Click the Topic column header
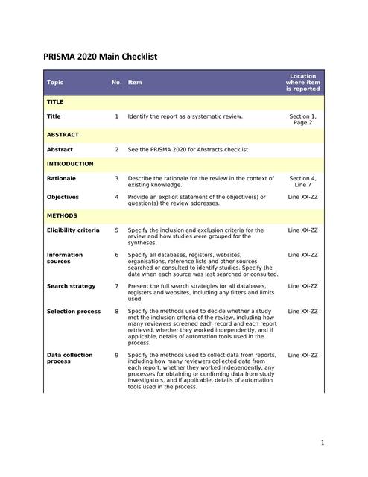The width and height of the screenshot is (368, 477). pos(55,82)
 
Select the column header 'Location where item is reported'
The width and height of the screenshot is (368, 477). pos(302,82)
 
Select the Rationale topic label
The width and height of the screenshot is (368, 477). pos(61,179)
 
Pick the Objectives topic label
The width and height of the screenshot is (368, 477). pos(63,197)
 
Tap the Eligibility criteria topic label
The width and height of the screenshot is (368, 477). pos(73,230)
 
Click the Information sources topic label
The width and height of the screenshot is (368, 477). pos(65,259)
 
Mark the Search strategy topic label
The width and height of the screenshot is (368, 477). pos(71,286)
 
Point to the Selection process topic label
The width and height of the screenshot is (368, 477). pos(74,311)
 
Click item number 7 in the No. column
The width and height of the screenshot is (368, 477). pos(116,286)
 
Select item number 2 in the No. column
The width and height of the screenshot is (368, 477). pos(116,150)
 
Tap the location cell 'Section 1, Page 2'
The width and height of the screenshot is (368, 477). pos(302,119)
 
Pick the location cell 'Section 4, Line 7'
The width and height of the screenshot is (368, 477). pos(302,182)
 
